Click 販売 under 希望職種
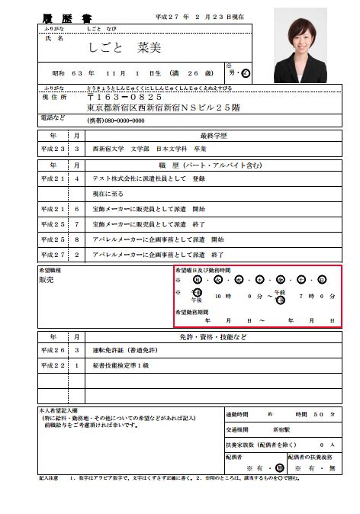pos(47,281)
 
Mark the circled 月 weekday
pos(198,280)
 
